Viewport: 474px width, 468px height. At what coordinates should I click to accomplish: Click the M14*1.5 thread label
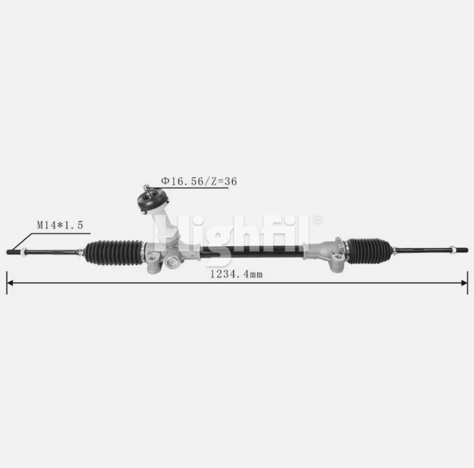click(x=60, y=225)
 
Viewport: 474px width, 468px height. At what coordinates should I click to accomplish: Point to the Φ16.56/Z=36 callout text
click(x=199, y=181)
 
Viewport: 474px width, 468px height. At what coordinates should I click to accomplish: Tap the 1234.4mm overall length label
click(x=237, y=274)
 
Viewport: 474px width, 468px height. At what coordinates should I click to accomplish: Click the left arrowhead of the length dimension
click(x=10, y=283)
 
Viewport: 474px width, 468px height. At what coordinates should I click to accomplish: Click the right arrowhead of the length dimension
click(x=464, y=283)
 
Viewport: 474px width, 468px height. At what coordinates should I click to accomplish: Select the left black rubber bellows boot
click(x=114, y=253)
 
